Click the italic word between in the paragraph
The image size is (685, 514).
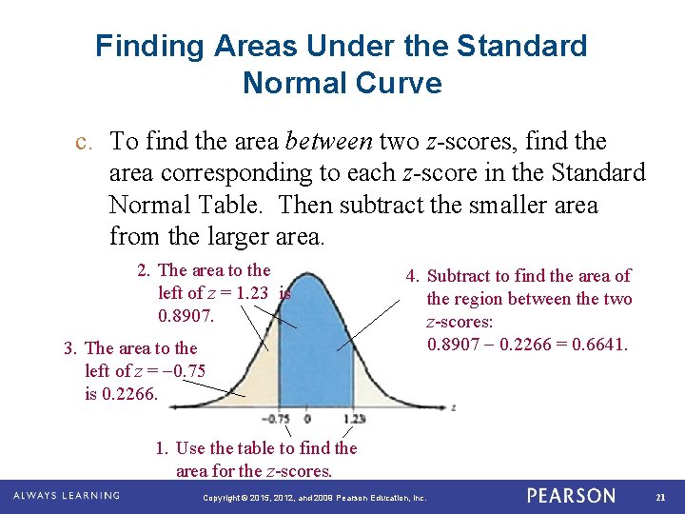pyautogui.click(x=328, y=142)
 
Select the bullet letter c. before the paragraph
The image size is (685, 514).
pyautogui.click(x=83, y=142)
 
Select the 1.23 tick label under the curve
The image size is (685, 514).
pyautogui.click(x=354, y=419)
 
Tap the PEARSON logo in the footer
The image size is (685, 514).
pyautogui.click(x=571, y=496)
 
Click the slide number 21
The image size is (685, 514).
pyautogui.click(x=660, y=496)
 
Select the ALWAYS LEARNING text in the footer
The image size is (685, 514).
pyautogui.click(x=67, y=496)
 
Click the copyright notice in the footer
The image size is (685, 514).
pyautogui.click(x=315, y=498)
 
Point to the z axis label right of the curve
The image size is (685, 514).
pyautogui.click(x=454, y=406)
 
